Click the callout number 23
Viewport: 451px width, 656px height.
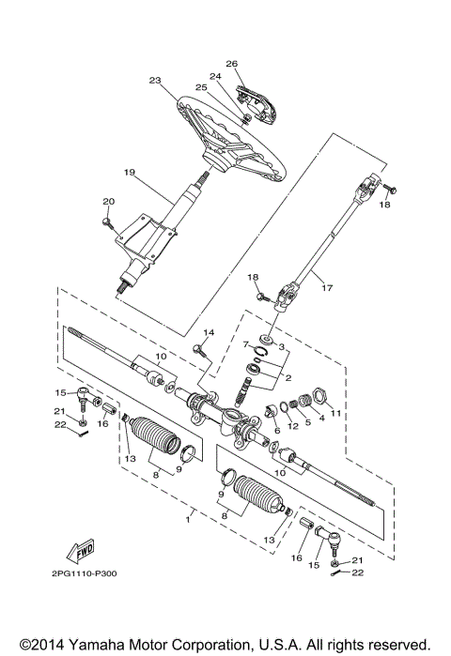click(x=156, y=81)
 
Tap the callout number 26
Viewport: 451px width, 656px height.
click(x=231, y=65)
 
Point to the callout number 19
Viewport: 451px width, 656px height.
click(x=130, y=172)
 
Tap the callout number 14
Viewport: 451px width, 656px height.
click(x=209, y=333)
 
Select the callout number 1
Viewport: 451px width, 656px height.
click(x=190, y=516)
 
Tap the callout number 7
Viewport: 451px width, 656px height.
click(x=247, y=345)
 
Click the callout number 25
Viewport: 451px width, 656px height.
click(x=201, y=87)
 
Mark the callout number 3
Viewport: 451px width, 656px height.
click(x=281, y=345)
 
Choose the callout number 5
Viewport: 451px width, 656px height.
click(x=308, y=421)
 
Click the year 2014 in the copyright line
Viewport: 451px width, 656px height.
click(x=37, y=644)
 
